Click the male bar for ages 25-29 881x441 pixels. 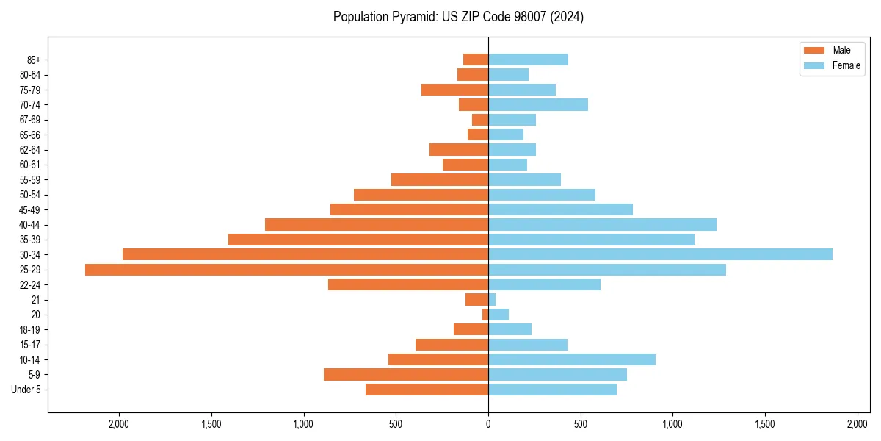(x=286, y=270)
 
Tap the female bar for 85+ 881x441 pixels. (x=528, y=60)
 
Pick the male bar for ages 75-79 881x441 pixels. (x=454, y=90)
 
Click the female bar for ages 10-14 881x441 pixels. (x=572, y=359)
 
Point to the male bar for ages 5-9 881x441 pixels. (x=406, y=374)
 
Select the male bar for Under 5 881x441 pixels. (x=427, y=390)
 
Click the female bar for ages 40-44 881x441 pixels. (x=602, y=224)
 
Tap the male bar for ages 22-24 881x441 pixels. (x=408, y=284)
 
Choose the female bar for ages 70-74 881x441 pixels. (x=538, y=104)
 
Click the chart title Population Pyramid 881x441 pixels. (x=458, y=17)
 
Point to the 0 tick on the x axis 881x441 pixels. (x=488, y=424)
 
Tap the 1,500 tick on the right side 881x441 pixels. (x=765, y=424)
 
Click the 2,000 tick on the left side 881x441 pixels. (x=119, y=424)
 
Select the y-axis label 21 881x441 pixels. (x=35, y=300)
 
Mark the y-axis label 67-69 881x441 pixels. (x=30, y=120)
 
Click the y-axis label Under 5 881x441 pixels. (x=26, y=390)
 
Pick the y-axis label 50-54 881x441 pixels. (x=30, y=195)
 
